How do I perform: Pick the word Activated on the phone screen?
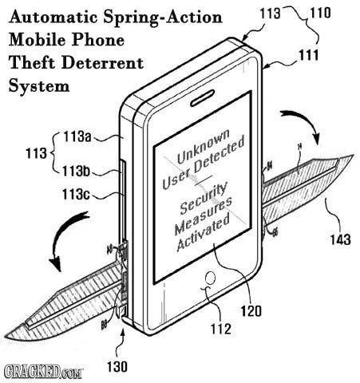tap(204, 240)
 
